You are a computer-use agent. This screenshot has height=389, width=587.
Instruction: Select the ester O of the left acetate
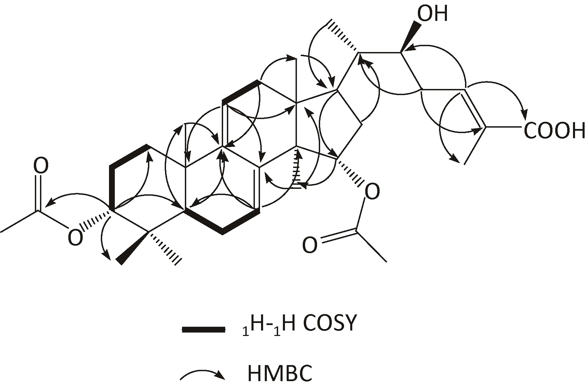click(75, 237)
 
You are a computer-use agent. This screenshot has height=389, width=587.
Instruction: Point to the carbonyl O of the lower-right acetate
click(310, 245)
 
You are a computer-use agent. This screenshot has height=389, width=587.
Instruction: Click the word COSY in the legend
click(329, 323)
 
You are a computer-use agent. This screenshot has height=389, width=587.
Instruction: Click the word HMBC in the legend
click(279, 374)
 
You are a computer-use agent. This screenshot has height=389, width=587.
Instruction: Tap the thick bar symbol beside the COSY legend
click(204, 329)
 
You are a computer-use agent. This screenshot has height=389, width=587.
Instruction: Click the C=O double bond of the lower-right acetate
click(338, 237)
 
